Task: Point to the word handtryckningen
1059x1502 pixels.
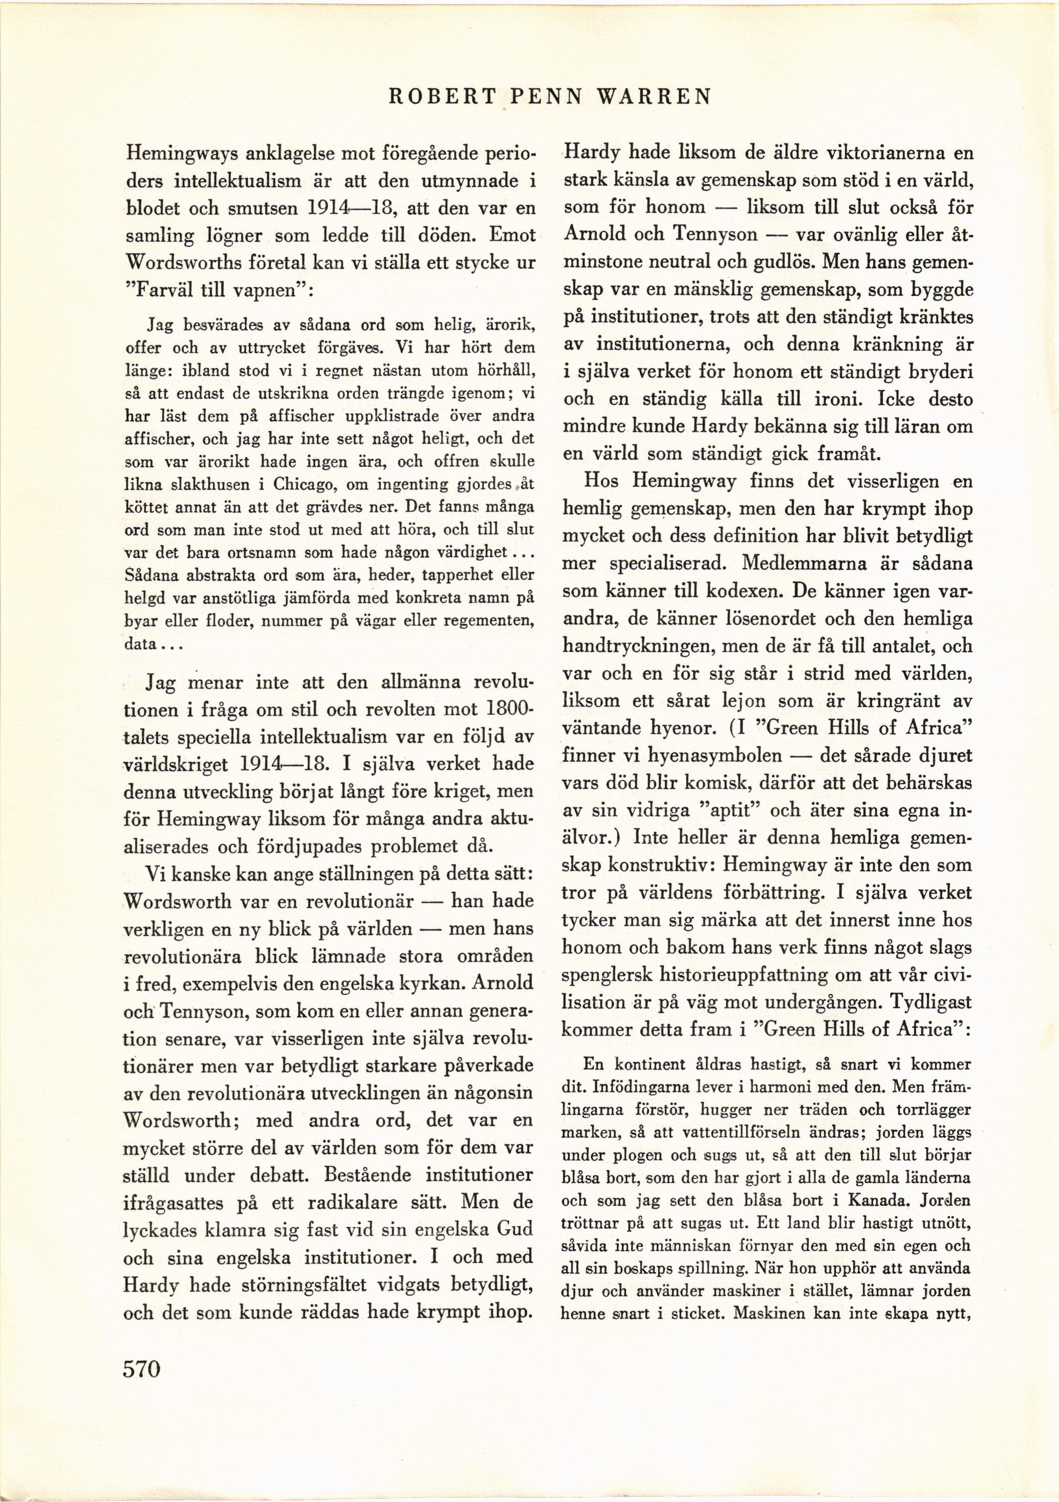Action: tap(638, 647)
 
